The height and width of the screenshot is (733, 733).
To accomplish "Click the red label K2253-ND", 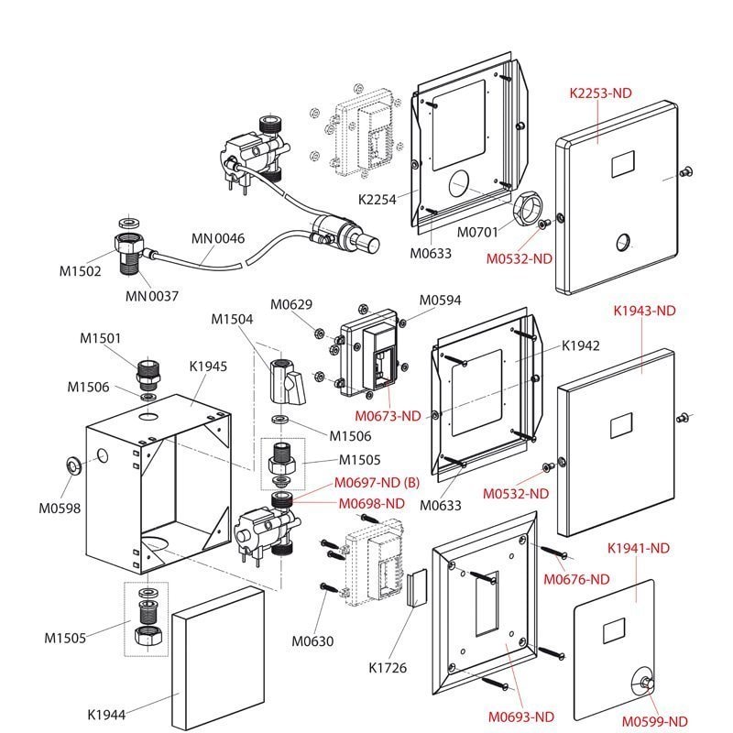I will (601, 92).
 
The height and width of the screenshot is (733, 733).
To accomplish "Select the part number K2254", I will (377, 199).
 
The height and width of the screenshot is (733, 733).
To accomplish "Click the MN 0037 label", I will (152, 296).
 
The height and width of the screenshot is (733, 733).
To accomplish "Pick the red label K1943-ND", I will (643, 311).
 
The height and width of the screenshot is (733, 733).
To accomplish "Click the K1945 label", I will (209, 366).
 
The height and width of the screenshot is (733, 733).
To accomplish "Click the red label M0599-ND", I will (653, 721).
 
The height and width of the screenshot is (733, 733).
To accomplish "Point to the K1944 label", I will (107, 713).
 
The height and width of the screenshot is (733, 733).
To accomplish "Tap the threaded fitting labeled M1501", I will (148, 372).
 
